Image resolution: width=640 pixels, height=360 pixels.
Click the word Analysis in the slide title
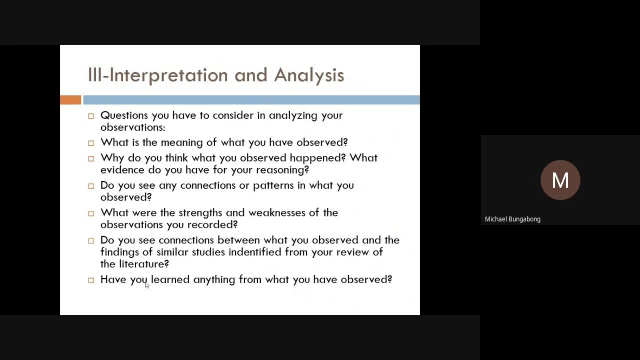coord(308,75)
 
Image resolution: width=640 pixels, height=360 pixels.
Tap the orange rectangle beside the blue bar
coord(70,100)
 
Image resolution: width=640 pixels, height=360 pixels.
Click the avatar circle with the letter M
coord(560,180)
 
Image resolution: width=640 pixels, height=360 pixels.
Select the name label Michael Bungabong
coord(512,219)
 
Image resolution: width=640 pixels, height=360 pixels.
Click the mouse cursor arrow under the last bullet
coord(146,284)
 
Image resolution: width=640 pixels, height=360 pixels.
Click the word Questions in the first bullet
coord(124,115)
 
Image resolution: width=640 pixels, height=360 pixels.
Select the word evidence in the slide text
coord(122,170)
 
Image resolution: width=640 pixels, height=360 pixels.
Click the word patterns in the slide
coord(273,185)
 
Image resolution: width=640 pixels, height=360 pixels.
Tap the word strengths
coord(200,213)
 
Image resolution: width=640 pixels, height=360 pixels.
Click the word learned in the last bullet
coord(170,279)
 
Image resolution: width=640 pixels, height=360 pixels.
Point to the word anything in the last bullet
coord(214,280)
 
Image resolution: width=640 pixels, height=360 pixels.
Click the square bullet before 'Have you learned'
coord(91,280)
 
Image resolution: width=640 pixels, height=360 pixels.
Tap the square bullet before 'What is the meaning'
coord(91,143)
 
